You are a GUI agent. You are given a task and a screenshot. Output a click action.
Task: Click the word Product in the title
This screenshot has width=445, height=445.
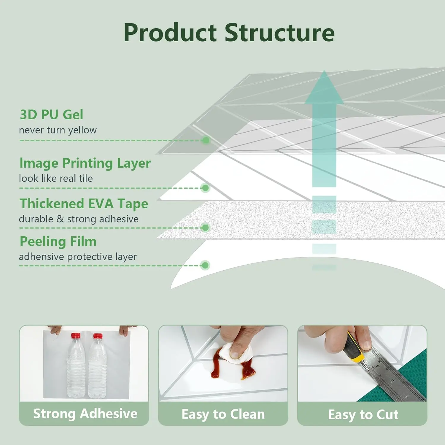pos(170,33)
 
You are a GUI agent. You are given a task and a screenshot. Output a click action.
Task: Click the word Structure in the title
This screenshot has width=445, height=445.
pos(279,33)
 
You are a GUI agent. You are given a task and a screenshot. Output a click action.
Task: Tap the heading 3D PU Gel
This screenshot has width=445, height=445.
pos(51,115)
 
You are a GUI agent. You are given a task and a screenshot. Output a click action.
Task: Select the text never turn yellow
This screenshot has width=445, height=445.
pos(58,130)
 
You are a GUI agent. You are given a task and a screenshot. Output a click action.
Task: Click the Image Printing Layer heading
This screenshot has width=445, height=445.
pos(85,163)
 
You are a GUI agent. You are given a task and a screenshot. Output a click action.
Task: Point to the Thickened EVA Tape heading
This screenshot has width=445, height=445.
pos(84,204)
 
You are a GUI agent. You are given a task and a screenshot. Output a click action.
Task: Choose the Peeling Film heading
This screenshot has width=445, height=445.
pos(58,241)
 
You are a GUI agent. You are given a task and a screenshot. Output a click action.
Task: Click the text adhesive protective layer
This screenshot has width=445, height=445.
pos(78,257)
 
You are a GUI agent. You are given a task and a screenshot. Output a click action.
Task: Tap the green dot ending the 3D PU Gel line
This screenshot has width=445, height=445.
pos(205,140)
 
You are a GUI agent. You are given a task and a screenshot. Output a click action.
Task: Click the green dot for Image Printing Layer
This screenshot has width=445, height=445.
pos(205,188)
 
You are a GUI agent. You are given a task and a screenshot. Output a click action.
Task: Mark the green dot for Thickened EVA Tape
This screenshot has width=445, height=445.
pos(205,228)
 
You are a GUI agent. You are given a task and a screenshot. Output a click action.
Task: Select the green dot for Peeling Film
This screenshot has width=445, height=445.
pos(205,265)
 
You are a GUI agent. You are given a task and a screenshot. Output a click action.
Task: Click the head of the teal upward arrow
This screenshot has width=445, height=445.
pos(324,89)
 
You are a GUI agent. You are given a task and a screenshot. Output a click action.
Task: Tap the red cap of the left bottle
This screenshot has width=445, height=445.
pos(76,336)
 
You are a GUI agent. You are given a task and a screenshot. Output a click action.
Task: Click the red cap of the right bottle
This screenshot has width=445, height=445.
pos(98,336)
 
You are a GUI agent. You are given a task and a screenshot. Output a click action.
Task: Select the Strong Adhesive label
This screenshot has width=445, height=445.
pos(85,414)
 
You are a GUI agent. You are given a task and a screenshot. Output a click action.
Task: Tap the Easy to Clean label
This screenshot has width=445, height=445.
pos(223,414)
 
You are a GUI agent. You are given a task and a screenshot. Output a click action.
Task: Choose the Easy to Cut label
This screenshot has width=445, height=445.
pos(363,414)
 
